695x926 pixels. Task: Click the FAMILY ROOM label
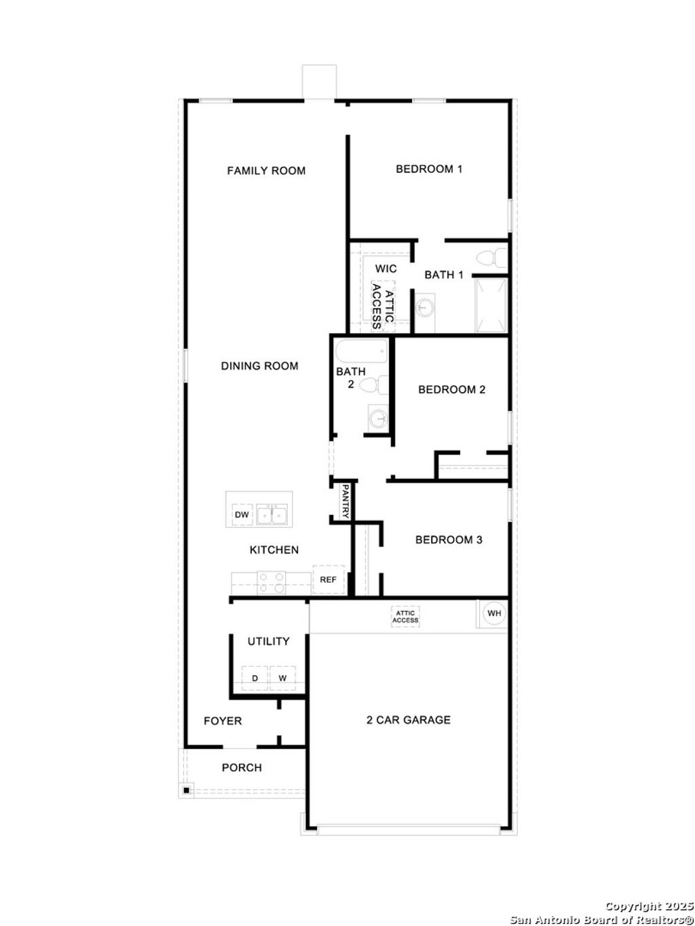click(266, 171)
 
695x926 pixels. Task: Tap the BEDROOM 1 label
click(429, 169)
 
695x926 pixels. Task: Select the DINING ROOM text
click(259, 366)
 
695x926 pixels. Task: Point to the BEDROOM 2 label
click(451, 389)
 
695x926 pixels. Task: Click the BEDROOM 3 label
click(449, 540)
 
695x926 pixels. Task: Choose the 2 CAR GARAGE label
click(408, 720)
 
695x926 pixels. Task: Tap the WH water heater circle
click(494, 613)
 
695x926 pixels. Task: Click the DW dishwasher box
click(242, 515)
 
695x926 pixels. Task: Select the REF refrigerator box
click(328, 580)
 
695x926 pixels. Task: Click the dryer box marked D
click(255, 678)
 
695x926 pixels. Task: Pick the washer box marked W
click(282, 678)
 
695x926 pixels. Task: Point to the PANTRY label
click(345, 501)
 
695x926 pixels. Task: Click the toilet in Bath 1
click(491, 258)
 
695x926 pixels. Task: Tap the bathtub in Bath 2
click(361, 351)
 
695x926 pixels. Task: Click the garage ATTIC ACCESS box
click(405, 617)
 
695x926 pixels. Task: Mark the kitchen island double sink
click(272, 516)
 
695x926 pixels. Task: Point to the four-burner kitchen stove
click(271, 583)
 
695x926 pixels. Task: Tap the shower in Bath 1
click(490, 305)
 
